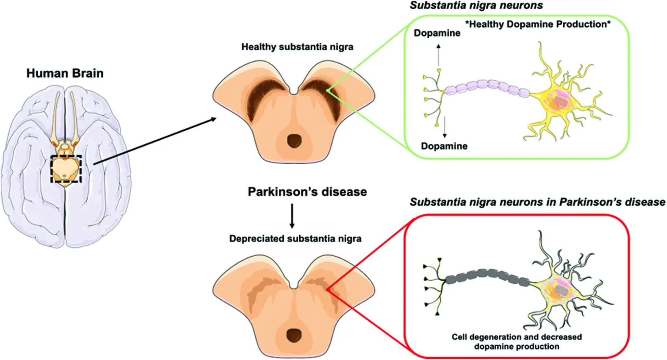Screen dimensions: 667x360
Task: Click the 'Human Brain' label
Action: [65, 74]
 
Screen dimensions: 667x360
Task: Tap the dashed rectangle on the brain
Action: [66, 156]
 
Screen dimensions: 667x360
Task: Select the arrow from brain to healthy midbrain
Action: [155, 141]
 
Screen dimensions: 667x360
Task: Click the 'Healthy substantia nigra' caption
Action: [297, 47]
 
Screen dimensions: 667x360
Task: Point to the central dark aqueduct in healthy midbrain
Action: [294, 140]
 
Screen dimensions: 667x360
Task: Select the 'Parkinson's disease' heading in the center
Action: [307, 192]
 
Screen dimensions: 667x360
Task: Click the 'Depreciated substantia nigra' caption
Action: [295, 239]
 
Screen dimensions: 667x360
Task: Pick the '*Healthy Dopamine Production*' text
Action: [538, 24]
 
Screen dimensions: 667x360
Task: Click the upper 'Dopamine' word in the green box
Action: [437, 33]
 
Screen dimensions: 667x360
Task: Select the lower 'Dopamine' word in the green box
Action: [444, 146]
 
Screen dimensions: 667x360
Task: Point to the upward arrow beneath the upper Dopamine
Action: [439, 55]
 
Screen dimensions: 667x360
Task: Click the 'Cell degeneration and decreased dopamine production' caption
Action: [516, 342]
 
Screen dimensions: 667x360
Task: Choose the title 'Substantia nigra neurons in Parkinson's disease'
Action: [537, 202]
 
